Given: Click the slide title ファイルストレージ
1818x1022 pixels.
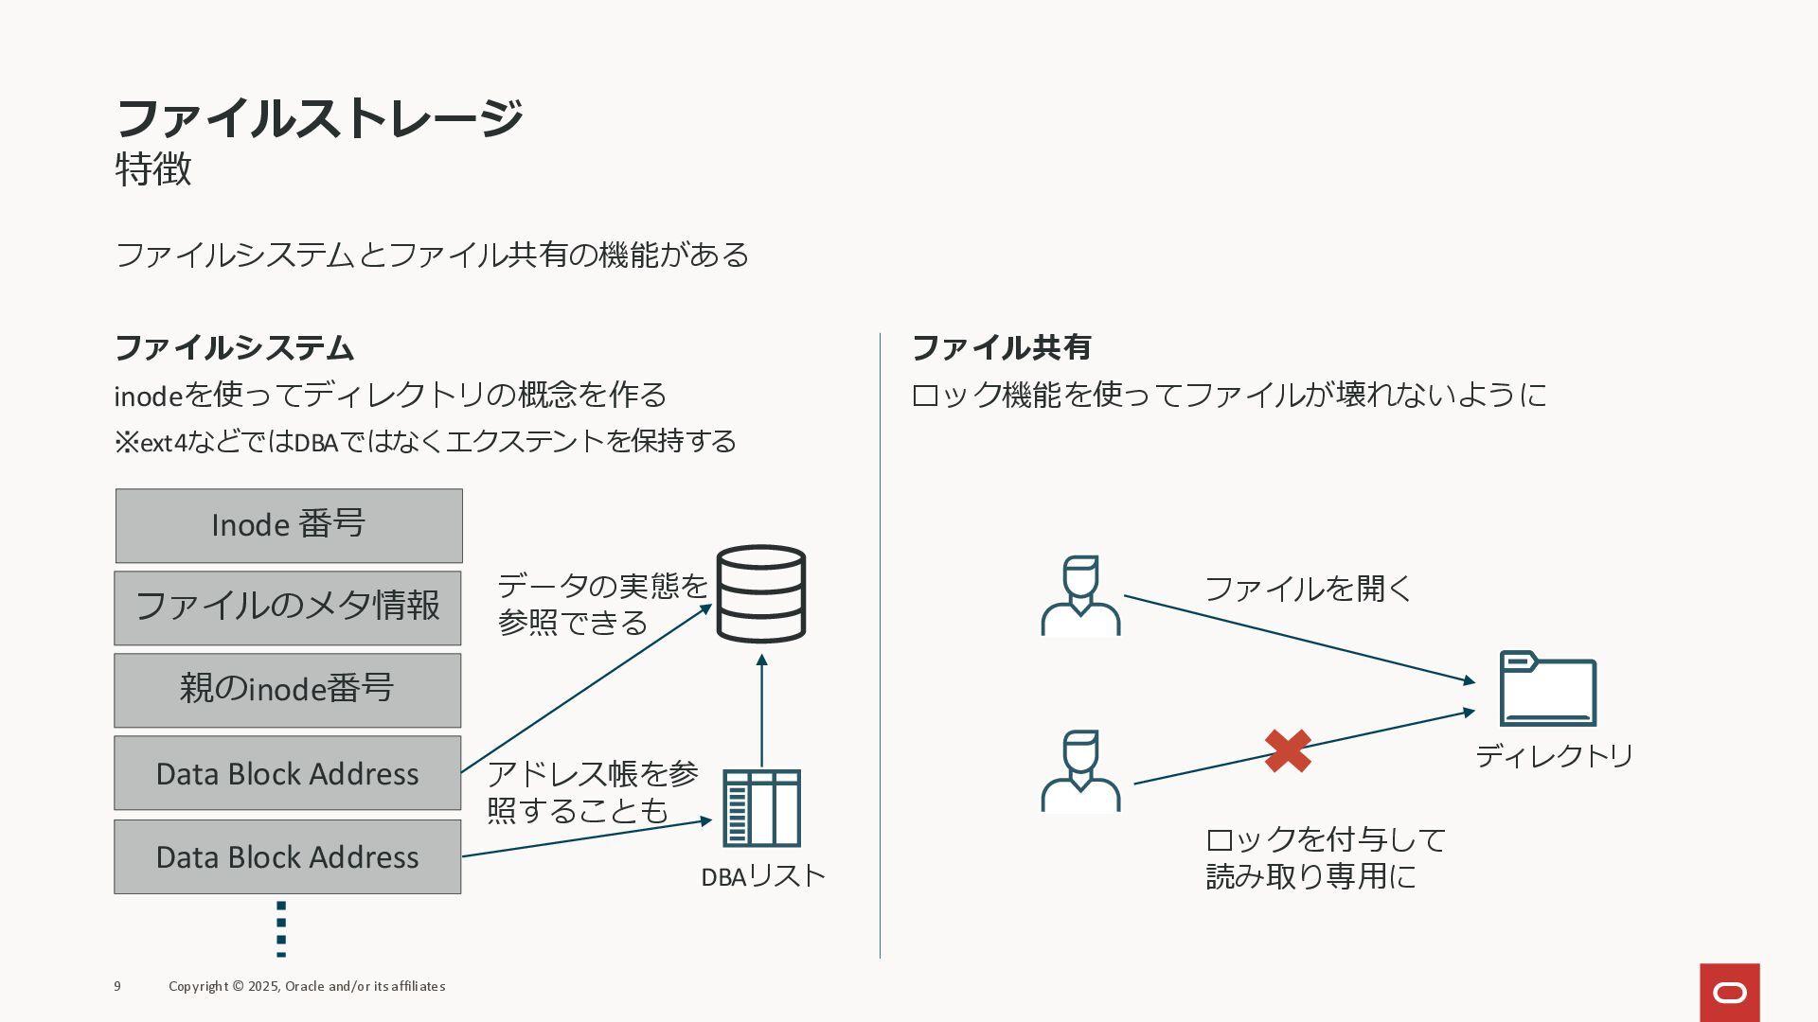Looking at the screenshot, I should (x=318, y=118).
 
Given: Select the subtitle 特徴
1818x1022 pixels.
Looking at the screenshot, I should (x=153, y=169).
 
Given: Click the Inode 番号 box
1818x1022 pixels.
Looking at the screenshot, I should (x=289, y=526).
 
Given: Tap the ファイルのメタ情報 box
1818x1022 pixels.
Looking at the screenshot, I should (x=288, y=608).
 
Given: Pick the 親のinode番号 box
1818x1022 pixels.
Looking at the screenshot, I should (x=288, y=690).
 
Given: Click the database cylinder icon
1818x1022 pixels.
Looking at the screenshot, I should (x=761, y=593).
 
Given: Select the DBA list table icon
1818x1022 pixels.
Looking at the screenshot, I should (x=761, y=808).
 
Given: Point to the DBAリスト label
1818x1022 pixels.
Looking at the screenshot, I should (x=763, y=876).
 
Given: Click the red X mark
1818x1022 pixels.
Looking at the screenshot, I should (x=1288, y=750).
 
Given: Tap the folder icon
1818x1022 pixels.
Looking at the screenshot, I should (x=1548, y=689).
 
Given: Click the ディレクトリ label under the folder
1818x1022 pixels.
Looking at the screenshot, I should (x=1555, y=756).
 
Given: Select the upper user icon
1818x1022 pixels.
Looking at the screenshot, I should (x=1080, y=595).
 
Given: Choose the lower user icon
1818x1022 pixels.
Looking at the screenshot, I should (x=1080, y=770).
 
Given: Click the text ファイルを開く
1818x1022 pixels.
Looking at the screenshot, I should (x=1308, y=589).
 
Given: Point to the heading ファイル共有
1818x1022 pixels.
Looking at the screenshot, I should (x=1001, y=347).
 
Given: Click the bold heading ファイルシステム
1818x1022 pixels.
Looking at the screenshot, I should (x=234, y=347).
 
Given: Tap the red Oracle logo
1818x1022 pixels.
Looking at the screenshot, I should (x=1729, y=993).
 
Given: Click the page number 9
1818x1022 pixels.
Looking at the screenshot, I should (x=117, y=986).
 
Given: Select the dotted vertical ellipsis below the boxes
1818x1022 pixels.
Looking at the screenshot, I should (x=281, y=928).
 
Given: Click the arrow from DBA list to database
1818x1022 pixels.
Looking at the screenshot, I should (x=761, y=710).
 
